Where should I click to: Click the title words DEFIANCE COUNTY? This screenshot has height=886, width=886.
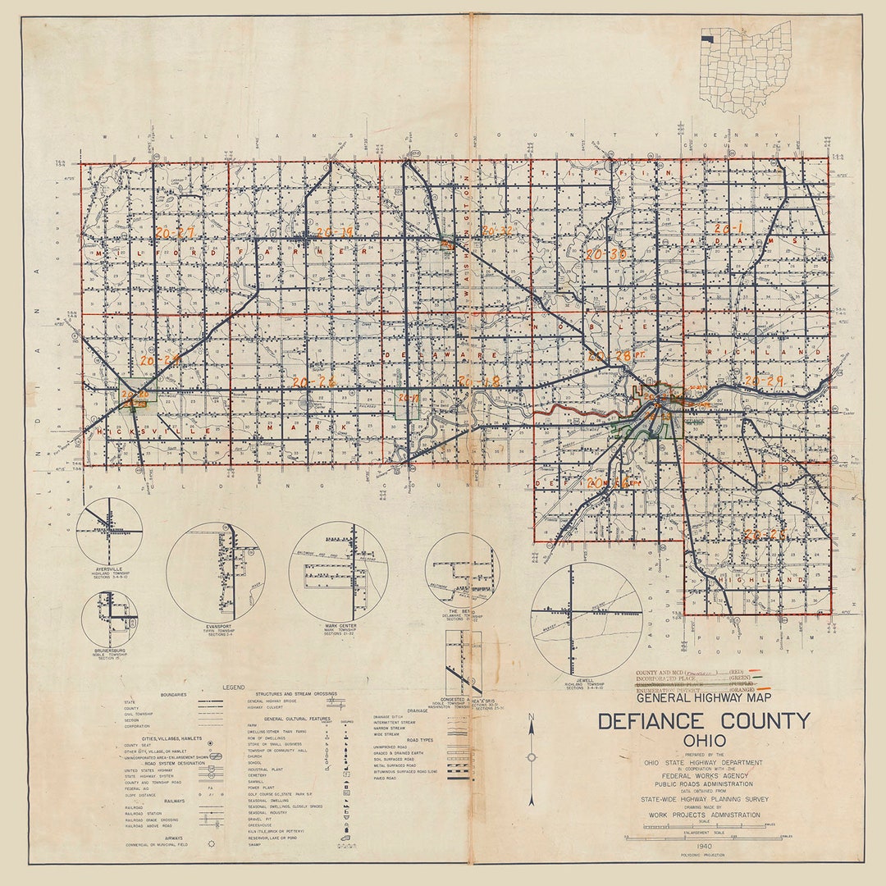pyautogui.click(x=703, y=722)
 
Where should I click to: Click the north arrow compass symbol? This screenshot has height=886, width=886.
pyautogui.click(x=531, y=756)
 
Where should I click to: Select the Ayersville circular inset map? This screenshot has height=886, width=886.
pyautogui.click(x=109, y=532)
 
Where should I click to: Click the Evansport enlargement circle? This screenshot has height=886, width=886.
pyautogui.click(x=215, y=571)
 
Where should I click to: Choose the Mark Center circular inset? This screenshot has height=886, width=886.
pyautogui.click(x=338, y=572)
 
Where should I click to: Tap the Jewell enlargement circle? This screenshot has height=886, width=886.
pyautogui.click(x=586, y=619)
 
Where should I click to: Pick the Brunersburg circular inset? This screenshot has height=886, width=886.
pyautogui.click(x=109, y=619)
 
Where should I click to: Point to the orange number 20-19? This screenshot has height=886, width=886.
pyautogui.click(x=334, y=233)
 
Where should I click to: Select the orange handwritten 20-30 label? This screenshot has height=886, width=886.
pyautogui.click(x=606, y=255)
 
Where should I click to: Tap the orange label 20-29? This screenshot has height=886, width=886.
pyautogui.click(x=764, y=381)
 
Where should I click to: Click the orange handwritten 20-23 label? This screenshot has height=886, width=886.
pyautogui.click(x=765, y=535)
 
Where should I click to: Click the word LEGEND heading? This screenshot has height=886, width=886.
pyautogui.click(x=233, y=687)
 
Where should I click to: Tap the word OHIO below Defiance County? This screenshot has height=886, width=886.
pyautogui.click(x=703, y=741)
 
